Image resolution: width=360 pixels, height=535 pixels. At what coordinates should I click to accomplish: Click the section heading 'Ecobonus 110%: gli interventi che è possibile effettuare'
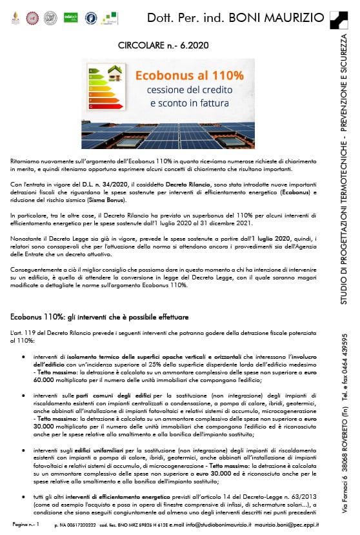(x=100, y=318)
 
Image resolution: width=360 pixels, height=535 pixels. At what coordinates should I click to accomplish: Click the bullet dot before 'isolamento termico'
(x=24, y=356)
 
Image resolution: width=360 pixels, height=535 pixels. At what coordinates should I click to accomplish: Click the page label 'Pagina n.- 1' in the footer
(x=26, y=524)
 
